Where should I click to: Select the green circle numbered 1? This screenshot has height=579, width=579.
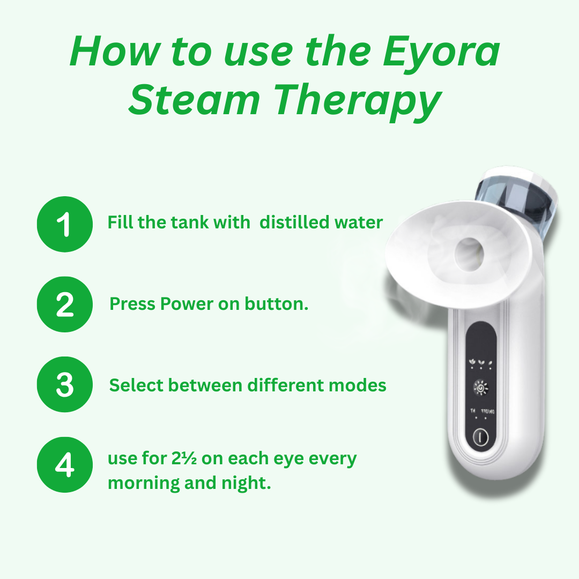pyautogui.click(x=65, y=224)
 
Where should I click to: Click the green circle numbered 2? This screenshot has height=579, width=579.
pyautogui.click(x=65, y=305)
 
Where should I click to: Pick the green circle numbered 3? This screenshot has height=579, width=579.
pyautogui.click(x=65, y=384)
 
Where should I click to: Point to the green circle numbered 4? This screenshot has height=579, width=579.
pyautogui.click(x=65, y=464)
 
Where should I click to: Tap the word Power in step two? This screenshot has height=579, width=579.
pyautogui.click(x=187, y=305)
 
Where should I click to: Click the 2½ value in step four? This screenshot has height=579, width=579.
pyautogui.click(x=184, y=458)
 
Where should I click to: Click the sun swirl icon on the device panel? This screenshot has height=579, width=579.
pyautogui.click(x=480, y=388)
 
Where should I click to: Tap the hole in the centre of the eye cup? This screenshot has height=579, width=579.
pyautogui.click(x=469, y=254)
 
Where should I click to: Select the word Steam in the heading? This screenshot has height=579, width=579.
pyautogui.click(x=194, y=100)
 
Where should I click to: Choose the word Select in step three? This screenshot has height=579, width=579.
pyautogui.click(x=136, y=385)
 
